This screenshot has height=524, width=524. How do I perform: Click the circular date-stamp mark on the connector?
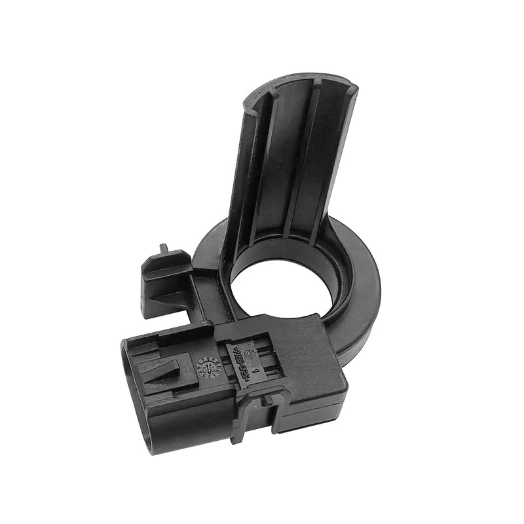(208, 367)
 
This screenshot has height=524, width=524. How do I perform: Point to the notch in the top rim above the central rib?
(316, 81)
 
